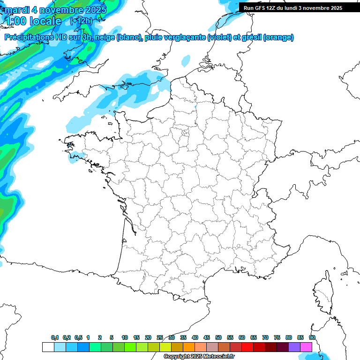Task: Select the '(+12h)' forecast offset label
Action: pyautogui.click(x=81, y=21)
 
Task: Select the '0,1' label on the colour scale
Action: pyautogui.click(x=55, y=337)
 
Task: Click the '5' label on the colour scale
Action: pyautogui.click(x=112, y=337)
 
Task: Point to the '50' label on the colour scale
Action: pyautogui.click(x=218, y=337)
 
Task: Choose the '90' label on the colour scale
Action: pyautogui.click(x=312, y=337)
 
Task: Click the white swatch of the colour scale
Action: pyautogui.click(x=48, y=347)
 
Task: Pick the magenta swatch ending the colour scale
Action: pyautogui.click(x=306, y=347)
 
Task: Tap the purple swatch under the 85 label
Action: pyautogui.click(x=294, y=347)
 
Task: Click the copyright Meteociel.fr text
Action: pyautogui.click(x=199, y=357)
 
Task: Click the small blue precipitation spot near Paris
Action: pyautogui.click(x=196, y=108)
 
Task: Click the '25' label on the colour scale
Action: pyautogui.click(x=160, y=337)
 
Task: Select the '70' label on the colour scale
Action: pyautogui.click(x=265, y=337)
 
